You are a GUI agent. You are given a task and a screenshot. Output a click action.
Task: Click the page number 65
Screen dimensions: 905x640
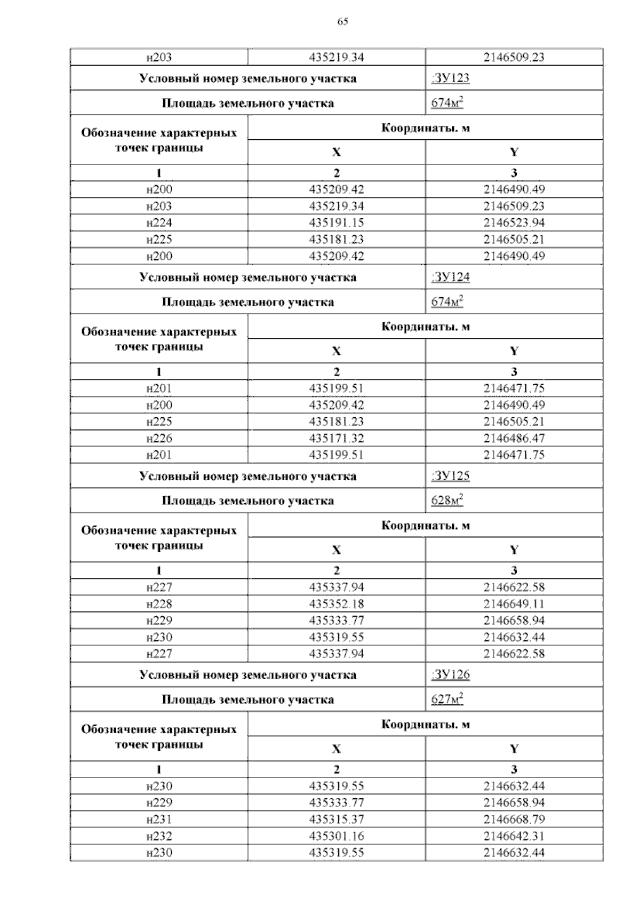tap(343, 22)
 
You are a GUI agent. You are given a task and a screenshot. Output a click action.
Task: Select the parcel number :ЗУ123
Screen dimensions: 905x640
tap(450, 78)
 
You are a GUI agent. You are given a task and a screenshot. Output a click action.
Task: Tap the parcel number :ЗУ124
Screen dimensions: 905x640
tap(450, 277)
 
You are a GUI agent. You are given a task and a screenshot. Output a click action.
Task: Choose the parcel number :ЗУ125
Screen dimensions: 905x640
tap(450, 476)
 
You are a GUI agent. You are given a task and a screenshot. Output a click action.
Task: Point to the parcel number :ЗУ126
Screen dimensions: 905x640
tap(450, 675)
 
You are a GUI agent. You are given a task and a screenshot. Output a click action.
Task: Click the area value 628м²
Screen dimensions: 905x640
tap(447, 501)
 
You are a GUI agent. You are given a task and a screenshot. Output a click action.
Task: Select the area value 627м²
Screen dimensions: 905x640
tap(447, 700)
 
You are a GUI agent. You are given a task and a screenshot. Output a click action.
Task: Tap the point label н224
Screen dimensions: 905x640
tap(159, 223)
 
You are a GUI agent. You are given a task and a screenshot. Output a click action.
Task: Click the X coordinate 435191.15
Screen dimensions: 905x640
tap(337, 223)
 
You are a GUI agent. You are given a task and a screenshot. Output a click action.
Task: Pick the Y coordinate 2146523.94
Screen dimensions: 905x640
tap(514, 223)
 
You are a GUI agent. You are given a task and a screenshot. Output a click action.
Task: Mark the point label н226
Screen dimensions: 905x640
tap(159, 438)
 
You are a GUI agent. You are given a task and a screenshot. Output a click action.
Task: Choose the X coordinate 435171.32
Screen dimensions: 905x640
tap(337, 438)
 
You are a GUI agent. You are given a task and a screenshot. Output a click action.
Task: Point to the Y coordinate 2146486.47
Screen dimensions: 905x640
tap(514, 438)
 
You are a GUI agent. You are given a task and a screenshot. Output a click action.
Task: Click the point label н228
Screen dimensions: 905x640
tap(159, 604)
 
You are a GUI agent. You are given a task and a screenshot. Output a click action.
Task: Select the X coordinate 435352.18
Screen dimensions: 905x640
tap(337, 604)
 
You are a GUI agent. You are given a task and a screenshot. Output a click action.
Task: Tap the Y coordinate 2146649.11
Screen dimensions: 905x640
tap(514, 604)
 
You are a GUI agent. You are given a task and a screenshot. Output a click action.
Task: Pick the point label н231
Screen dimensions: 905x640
tap(159, 820)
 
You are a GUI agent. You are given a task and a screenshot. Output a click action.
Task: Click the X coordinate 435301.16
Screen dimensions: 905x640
tap(337, 836)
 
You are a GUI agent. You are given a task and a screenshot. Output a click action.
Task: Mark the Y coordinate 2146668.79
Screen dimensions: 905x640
tap(514, 820)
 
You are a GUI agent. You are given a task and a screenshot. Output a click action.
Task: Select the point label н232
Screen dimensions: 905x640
tap(159, 836)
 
